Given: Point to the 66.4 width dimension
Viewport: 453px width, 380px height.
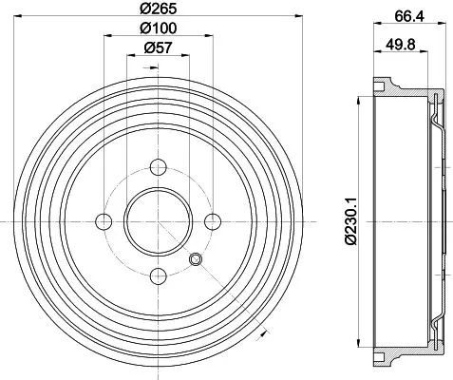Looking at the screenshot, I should [x=402, y=14].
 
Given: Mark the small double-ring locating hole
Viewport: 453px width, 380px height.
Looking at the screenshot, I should [x=195, y=260].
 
